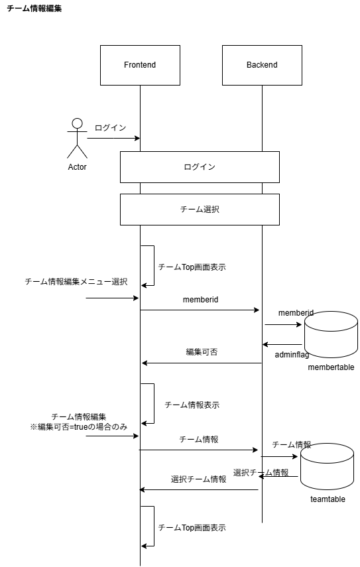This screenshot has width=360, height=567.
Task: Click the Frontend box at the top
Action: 140,65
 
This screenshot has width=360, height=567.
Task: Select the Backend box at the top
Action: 262,65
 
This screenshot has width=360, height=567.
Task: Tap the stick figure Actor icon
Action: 78,138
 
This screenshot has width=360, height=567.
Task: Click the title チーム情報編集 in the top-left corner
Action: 34,9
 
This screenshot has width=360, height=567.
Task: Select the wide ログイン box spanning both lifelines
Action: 200,166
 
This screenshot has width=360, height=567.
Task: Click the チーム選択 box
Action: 200,209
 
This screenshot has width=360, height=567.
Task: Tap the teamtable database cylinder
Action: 327,468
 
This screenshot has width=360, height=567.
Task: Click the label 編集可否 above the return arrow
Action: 202,352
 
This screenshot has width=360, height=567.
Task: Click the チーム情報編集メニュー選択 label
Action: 76,282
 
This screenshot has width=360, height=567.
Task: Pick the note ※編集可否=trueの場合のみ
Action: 78,426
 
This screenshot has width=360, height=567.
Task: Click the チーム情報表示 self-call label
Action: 192,405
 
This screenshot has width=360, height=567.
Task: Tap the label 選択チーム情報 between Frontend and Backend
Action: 198,479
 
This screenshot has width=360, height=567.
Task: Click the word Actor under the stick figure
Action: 78,167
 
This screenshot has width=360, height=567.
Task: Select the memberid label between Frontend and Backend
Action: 200,300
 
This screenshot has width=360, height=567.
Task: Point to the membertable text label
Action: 331,367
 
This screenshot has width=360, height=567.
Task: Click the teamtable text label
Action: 328,499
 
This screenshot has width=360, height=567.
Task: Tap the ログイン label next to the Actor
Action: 110,127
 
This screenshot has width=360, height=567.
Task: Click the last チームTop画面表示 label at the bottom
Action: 192,528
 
